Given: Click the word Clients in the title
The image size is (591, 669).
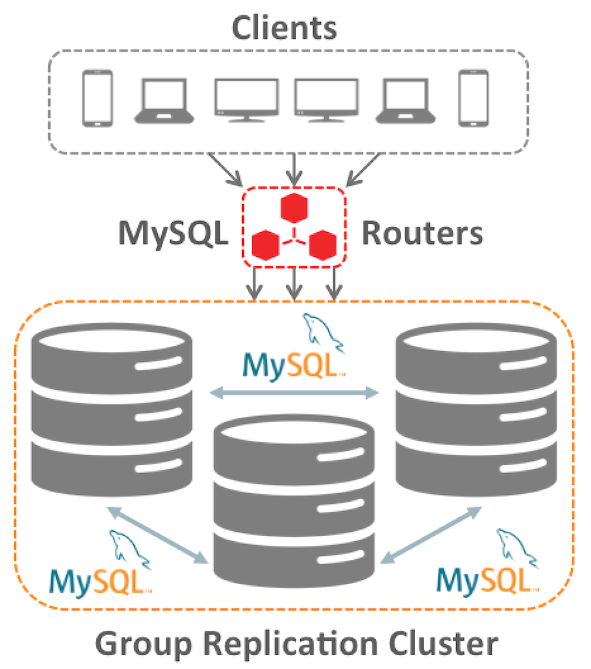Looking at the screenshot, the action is (x=284, y=27).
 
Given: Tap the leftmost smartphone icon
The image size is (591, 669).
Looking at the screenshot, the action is (x=97, y=98).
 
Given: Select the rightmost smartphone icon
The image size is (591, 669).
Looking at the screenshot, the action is (x=473, y=98).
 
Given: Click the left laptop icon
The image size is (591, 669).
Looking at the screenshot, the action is (x=164, y=101).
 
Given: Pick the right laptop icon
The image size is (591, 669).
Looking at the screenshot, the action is (x=406, y=101).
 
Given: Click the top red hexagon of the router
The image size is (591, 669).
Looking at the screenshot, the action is (x=294, y=208).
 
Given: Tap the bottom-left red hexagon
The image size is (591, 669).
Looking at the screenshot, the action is (x=265, y=246).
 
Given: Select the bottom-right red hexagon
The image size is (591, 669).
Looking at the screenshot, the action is (x=323, y=246).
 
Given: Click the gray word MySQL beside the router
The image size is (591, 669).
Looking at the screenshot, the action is (x=173, y=233).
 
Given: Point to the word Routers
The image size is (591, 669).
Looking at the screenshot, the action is (x=422, y=233).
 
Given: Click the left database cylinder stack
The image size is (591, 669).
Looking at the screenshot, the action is (x=112, y=409).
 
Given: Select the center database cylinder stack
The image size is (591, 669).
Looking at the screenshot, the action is (x=293, y=501).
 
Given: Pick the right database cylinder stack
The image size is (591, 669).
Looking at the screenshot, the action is (x=476, y=409).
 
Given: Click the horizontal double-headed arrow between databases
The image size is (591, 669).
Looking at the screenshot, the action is (x=294, y=393).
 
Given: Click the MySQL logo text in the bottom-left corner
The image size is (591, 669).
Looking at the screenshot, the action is (x=100, y=581).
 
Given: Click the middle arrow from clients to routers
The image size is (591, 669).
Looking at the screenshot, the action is (x=294, y=169).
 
